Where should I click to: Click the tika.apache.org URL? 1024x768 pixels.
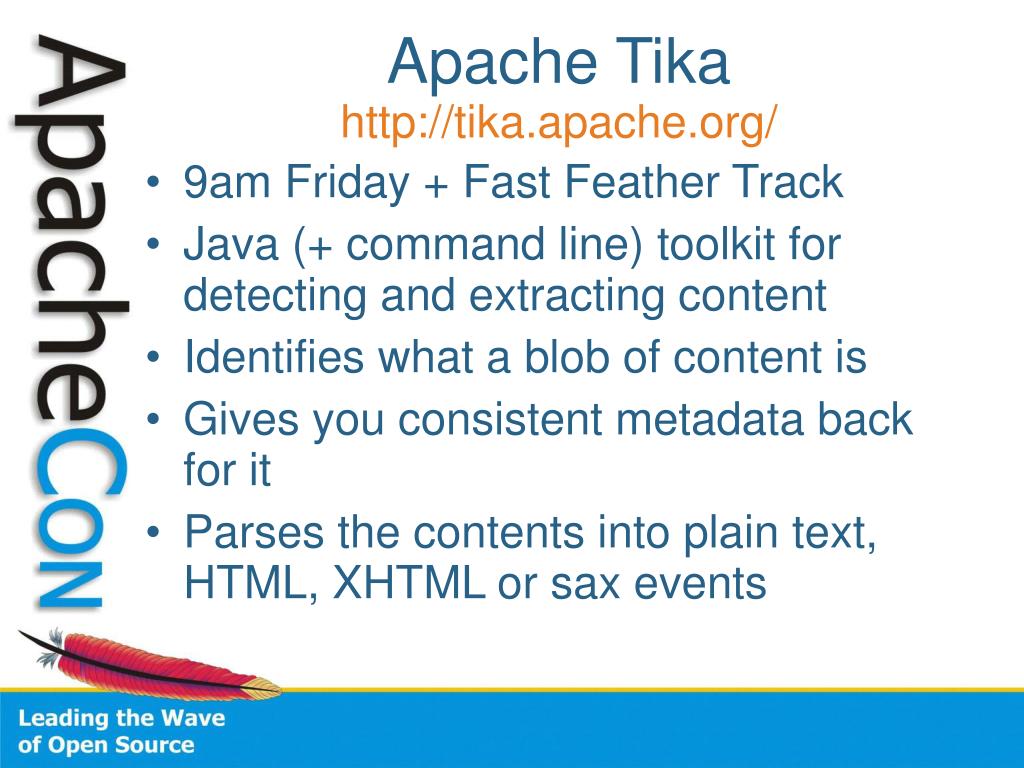click(x=559, y=123)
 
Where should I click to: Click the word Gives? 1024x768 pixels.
click(x=240, y=420)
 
